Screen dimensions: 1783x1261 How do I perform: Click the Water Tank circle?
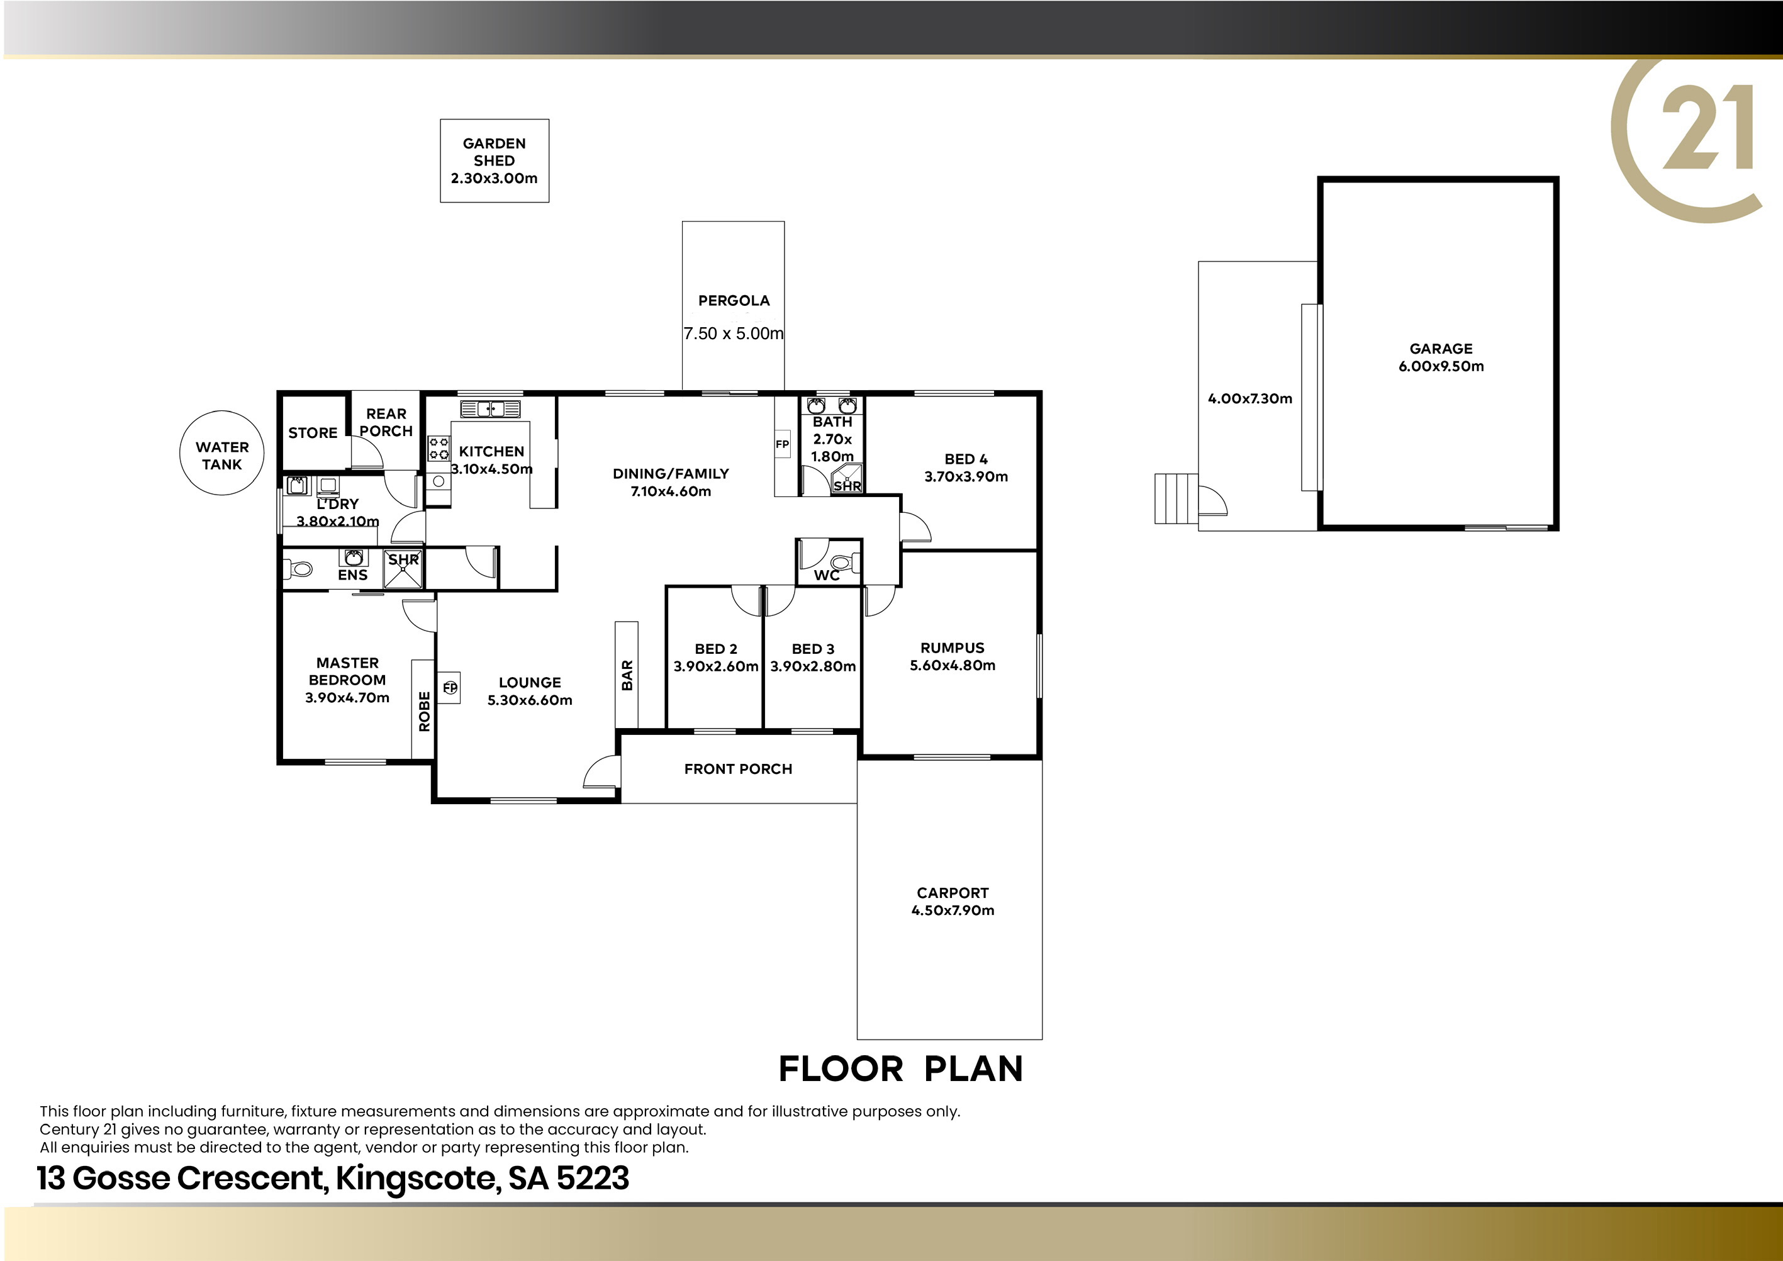[x=222, y=412]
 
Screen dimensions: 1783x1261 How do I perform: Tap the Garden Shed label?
[x=494, y=152]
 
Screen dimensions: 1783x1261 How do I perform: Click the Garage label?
[x=1441, y=349]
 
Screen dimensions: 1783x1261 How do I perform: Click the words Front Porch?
[x=738, y=769]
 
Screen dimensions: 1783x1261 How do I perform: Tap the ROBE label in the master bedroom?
[x=424, y=711]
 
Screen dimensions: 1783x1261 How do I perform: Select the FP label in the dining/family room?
[x=782, y=445]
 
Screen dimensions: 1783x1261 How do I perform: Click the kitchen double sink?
[x=490, y=408]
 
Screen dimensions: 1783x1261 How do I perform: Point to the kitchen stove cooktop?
[x=439, y=448]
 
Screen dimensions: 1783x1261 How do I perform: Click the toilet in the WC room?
[x=843, y=561]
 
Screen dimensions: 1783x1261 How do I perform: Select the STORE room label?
[x=312, y=432]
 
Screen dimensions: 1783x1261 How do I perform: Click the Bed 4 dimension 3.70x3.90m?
[x=965, y=477]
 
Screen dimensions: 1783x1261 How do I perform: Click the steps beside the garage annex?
[x=1177, y=498]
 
